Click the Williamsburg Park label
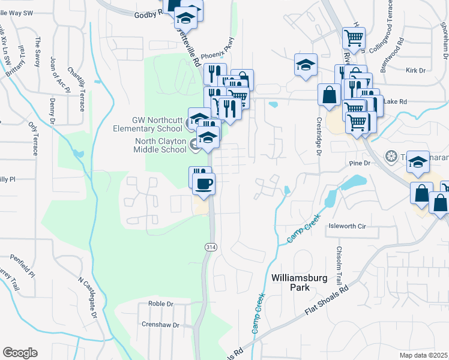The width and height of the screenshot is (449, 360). pos(291,283)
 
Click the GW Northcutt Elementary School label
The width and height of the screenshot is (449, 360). pos(148,124)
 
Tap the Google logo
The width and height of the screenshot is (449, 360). pos(20,353)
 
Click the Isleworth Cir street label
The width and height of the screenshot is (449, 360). pos(347,227)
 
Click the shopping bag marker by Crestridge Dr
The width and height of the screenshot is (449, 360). pos(329,95)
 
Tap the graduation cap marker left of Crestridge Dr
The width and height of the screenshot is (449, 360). pos(305,65)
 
